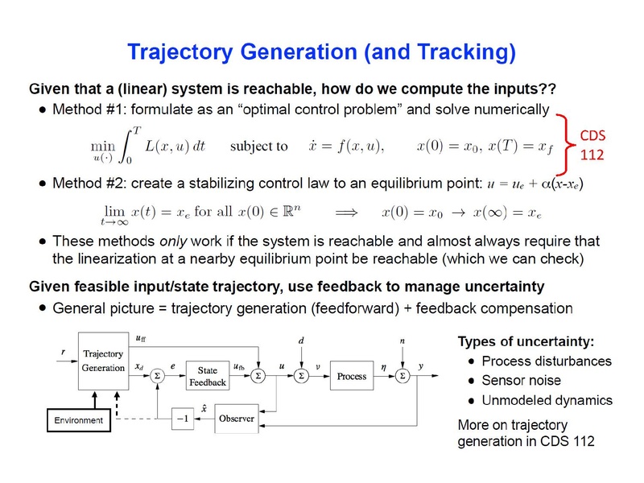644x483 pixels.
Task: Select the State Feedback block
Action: point(208,376)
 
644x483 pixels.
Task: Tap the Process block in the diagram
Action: point(352,376)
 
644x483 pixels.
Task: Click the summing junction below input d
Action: point(300,376)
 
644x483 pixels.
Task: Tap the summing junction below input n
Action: point(402,376)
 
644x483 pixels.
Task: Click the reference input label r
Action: point(63,352)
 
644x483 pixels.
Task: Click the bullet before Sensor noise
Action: point(470,381)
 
